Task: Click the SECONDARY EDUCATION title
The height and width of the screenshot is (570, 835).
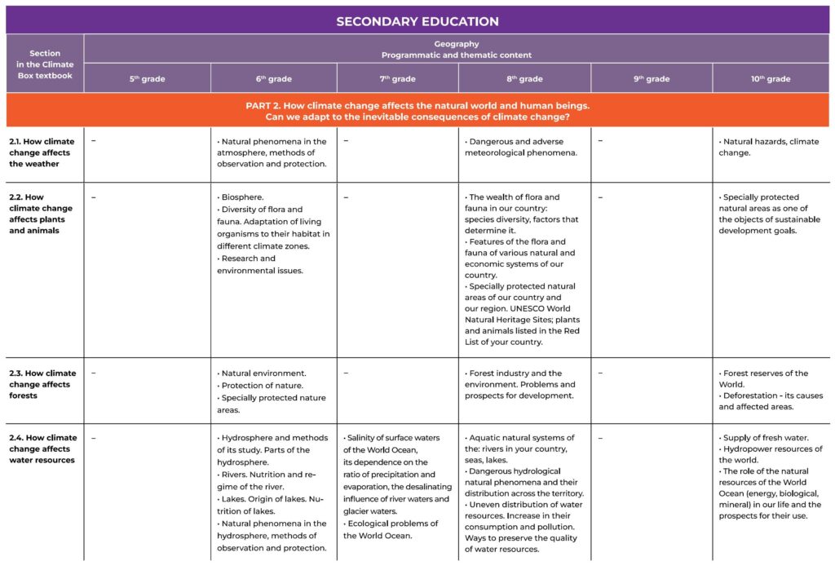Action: (x=417, y=21)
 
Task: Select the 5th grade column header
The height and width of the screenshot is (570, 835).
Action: (x=147, y=79)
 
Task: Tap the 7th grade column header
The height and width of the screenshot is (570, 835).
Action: (x=397, y=79)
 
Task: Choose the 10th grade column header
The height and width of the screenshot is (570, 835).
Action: (x=771, y=79)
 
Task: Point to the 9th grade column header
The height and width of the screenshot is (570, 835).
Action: (x=652, y=79)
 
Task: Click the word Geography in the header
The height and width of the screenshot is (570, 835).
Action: (x=456, y=44)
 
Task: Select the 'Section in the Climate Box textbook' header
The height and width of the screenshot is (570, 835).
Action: (x=45, y=64)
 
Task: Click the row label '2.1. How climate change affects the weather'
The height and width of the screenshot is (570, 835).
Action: (x=43, y=152)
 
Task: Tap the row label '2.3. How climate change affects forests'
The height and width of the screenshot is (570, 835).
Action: (x=43, y=384)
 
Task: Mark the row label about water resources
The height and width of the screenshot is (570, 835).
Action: (x=43, y=448)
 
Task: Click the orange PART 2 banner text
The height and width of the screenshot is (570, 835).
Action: (x=417, y=111)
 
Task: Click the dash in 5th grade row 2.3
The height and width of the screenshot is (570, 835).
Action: (x=94, y=373)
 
